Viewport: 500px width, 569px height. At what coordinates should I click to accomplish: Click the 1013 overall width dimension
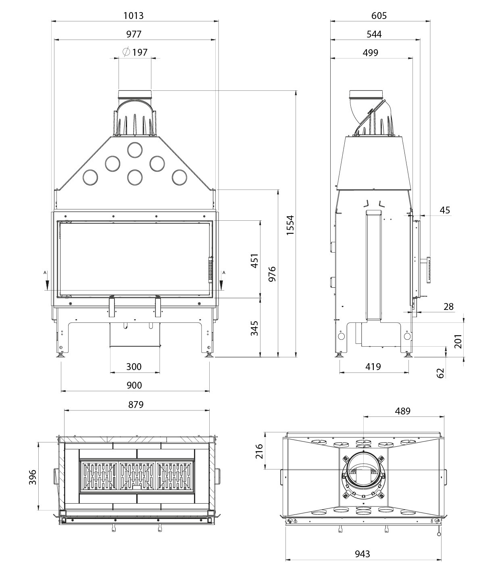coord(133,15)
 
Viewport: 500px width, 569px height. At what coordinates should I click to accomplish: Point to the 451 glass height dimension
coord(254,261)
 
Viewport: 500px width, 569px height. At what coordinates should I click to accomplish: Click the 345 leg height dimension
coord(254,328)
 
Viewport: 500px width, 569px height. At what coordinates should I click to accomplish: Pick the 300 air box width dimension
coord(134,366)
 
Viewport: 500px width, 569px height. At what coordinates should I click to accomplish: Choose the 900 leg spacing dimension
coord(134,385)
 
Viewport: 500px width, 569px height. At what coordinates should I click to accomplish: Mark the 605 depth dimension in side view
coord(379,15)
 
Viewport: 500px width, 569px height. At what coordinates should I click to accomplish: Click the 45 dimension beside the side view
coord(445,210)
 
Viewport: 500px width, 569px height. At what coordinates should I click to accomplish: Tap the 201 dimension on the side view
coord(458,341)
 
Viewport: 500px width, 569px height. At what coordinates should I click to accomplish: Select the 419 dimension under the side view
coord(373,366)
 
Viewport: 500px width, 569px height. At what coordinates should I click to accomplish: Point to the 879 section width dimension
coord(136,404)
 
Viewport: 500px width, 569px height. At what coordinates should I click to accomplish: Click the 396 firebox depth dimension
coord(33,477)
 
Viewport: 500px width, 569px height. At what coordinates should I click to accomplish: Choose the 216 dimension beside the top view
coord(259,451)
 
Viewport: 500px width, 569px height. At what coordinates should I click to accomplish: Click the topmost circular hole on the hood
coord(135,150)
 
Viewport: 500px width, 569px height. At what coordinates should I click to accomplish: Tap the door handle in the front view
coord(210,269)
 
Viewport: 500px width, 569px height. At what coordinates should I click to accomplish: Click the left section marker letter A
coord(45,272)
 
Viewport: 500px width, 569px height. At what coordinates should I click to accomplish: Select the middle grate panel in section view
coord(137,477)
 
